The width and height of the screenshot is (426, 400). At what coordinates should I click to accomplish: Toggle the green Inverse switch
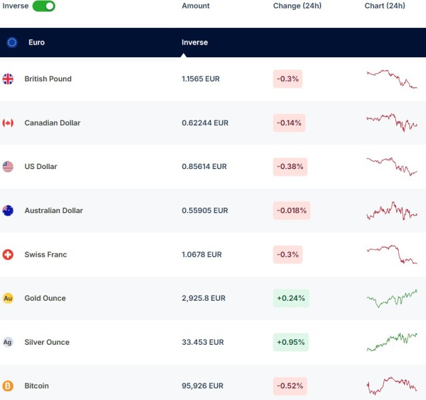[x=44, y=6]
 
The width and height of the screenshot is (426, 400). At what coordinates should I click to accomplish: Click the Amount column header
[x=196, y=6]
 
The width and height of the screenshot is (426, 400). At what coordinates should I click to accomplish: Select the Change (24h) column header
[x=297, y=6]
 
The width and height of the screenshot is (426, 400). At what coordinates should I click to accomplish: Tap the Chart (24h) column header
[x=385, y=6]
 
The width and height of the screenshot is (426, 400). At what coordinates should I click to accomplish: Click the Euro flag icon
[x=12, y=43]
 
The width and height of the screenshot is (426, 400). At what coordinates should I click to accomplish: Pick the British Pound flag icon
[x=8, y=79]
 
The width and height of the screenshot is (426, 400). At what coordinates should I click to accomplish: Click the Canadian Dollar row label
[x=53, y=123]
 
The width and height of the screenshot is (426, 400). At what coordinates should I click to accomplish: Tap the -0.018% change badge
[x=292, y=211]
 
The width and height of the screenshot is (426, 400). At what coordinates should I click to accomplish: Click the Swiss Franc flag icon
[x=8, y=255]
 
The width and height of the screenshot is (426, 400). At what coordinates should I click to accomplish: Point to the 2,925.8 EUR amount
[x=204, y=298]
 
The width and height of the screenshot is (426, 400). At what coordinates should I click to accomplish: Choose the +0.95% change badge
[x=291, y=342]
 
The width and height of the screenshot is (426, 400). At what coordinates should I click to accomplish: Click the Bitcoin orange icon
[x=8, y=386]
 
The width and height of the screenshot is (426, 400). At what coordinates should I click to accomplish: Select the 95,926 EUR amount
[x=202, y=386]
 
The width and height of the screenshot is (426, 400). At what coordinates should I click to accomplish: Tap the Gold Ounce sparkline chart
[x=391, y=298]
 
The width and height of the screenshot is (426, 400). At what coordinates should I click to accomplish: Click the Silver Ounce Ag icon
[x=8, y=342]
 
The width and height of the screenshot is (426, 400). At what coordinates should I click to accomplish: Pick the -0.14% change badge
[x=289, y=123]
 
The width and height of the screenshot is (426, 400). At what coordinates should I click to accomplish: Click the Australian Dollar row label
[x=54, y=211]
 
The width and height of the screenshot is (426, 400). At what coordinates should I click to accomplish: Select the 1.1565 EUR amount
[x=200, y=79]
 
